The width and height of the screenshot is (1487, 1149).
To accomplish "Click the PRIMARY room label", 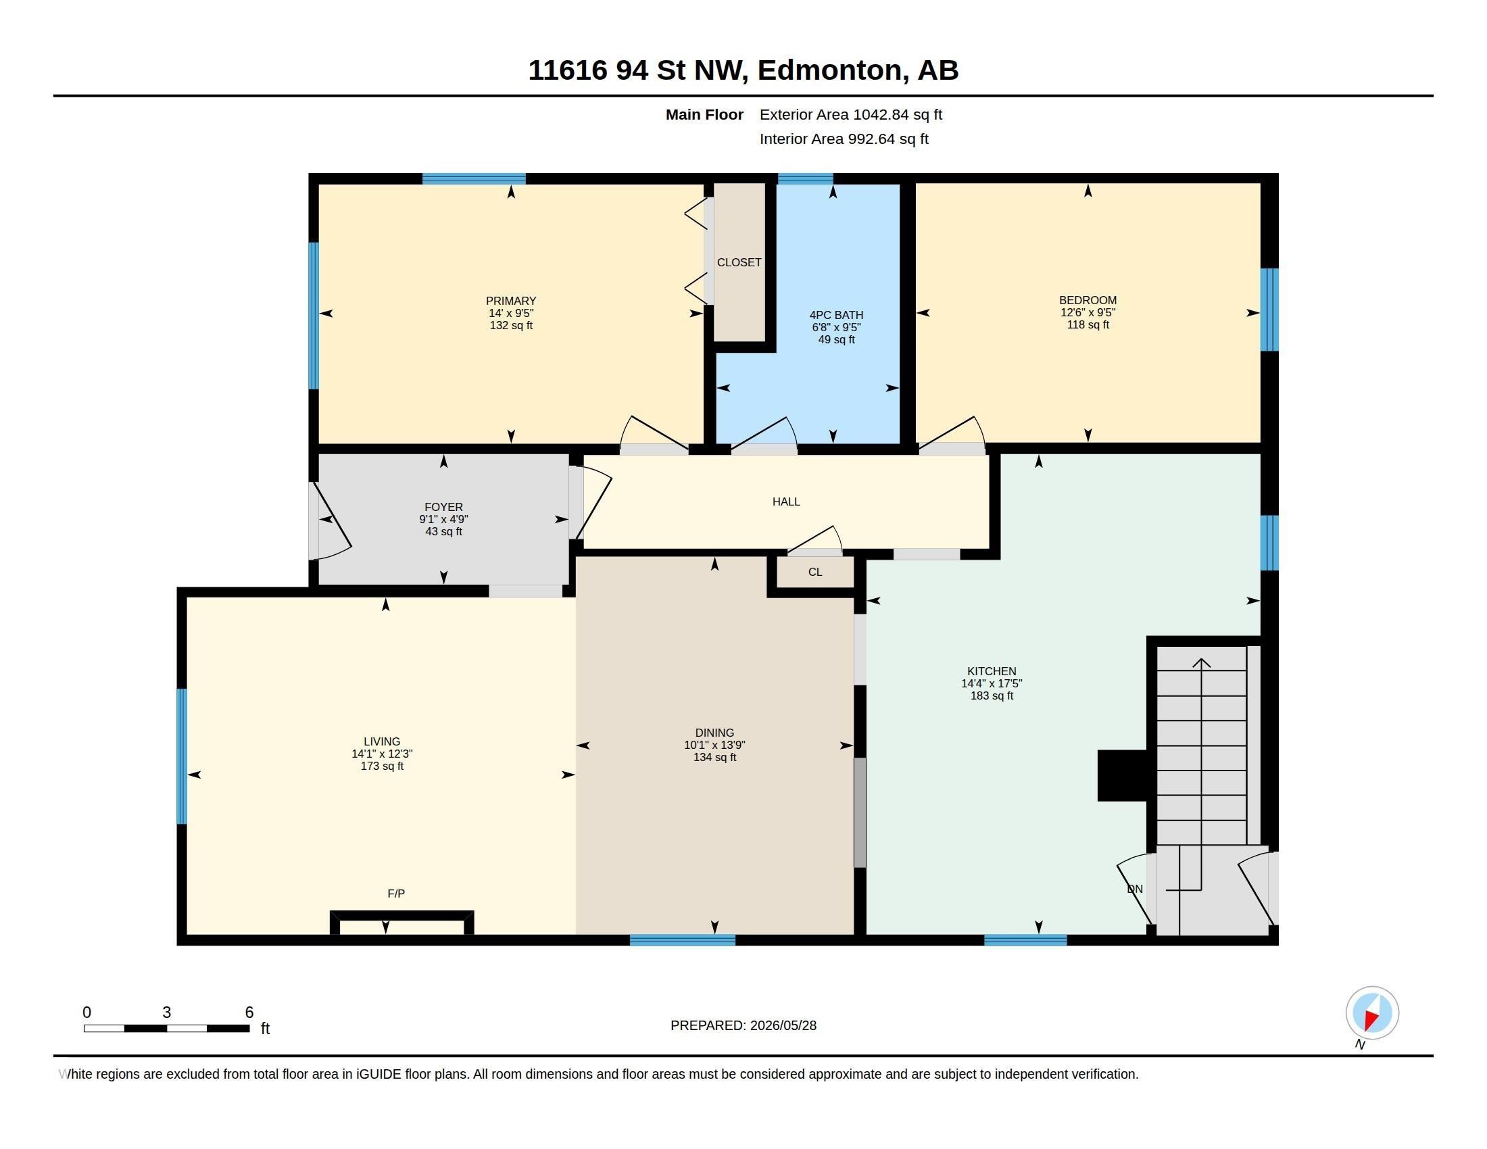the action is (510, 301).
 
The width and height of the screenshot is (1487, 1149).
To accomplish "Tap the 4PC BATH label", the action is (836, 315).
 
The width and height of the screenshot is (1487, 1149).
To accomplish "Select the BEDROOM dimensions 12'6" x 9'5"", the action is (1088, 312).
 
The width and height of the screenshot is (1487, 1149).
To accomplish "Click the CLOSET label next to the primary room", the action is (739, 262).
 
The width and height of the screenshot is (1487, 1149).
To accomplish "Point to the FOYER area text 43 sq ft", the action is (443, 532).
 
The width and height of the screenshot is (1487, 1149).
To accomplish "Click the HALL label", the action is (785, 502).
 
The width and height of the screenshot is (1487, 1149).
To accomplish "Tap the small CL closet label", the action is (815, 572).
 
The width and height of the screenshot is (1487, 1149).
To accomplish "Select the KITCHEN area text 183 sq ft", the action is (992, 695).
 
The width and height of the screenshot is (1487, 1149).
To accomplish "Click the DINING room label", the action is (714, 733).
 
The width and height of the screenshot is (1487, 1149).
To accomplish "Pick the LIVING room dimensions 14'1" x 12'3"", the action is (382, 754).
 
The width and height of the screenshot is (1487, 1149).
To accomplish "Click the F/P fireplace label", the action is (395, 894).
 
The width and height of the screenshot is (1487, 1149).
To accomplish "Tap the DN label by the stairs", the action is (1135, 889).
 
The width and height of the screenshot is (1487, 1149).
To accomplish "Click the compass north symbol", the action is (1371, 1013).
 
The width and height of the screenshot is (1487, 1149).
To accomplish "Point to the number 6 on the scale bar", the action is (249, 1012).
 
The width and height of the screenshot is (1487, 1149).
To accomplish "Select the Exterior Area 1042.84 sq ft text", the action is (850, 114).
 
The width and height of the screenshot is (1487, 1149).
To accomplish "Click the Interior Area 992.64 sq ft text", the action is (844, 139).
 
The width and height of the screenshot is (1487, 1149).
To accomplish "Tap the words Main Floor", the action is (704, 114).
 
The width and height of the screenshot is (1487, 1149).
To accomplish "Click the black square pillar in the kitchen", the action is (1123, 775).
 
